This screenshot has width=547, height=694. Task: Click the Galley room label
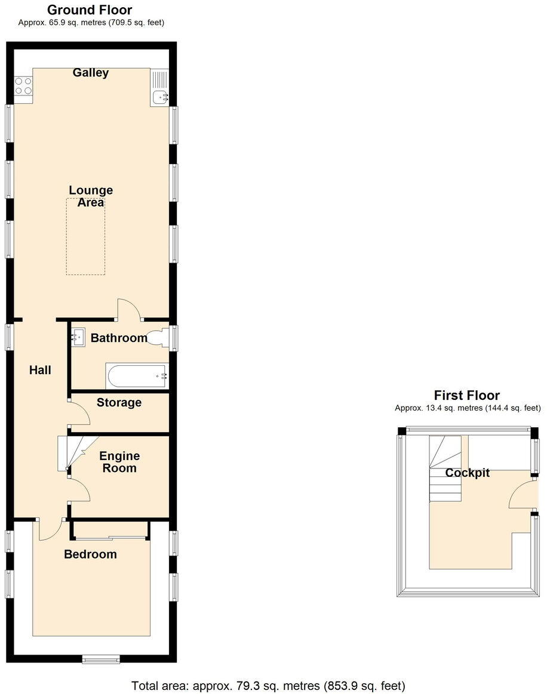pyautogui.click(x=91, y=73)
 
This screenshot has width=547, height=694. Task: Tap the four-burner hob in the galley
pyautogui.click(x=23, y=86)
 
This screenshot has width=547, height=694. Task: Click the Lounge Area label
pyautogui.click(x=91, y=196)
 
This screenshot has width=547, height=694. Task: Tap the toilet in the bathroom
pyautogui.click(x=159, y=338)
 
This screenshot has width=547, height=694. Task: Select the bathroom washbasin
pyautogui.click(x=79, y=337)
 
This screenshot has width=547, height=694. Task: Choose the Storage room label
pyautogui.click(x=119, y=403)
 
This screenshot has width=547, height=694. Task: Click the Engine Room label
pyautogui.click(x=119, y=462)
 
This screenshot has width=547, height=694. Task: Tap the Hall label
pyautogui.click(x=40, y=371)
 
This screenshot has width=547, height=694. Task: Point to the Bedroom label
pyautogui.click(x=90, y=554)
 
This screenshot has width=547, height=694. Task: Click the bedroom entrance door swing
pyautogui.click(x=50, y=529)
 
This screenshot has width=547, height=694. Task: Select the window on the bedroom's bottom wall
pyautogui.click(x=101, y=659)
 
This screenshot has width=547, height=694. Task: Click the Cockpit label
pyautogui.click(x=467, y=473)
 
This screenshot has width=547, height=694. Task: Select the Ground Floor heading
pyautogui.click(x=90, y=10)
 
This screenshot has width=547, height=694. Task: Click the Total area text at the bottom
pyautogui.click(x=268, y=685)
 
